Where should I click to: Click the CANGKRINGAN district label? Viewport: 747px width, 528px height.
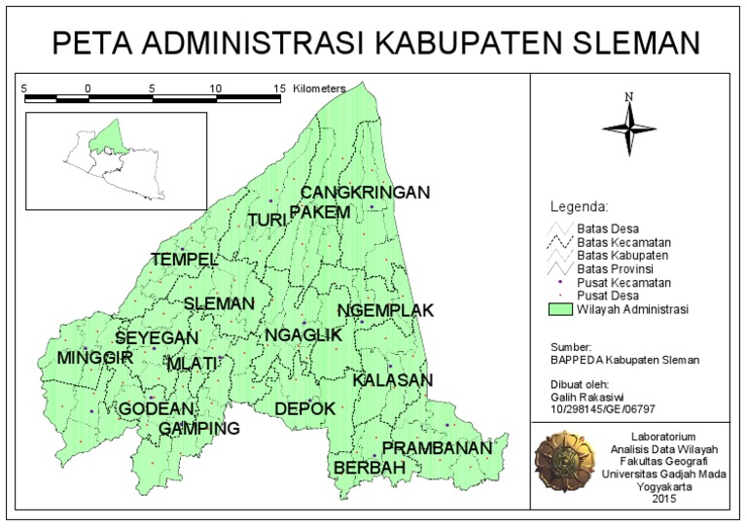(364, 193)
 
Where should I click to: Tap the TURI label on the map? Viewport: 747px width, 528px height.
(267, 221)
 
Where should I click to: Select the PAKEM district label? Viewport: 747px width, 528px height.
(319, 212)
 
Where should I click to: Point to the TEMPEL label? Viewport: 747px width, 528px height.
(184, 260)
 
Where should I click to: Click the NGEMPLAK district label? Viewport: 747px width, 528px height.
(385, 310)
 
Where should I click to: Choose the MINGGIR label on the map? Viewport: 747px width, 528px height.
(94, 358)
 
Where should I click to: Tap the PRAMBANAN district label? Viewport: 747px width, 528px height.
(436, 448)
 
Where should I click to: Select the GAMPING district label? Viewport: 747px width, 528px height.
(199, 429)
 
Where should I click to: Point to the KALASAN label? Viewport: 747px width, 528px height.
(392, 380)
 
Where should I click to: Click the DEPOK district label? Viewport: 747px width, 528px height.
(304, 408)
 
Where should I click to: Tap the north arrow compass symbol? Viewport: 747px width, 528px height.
(629, 123)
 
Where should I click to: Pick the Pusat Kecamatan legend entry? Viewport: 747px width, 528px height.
(622, 281)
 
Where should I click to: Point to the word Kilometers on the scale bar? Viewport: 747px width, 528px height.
(317, 88)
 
